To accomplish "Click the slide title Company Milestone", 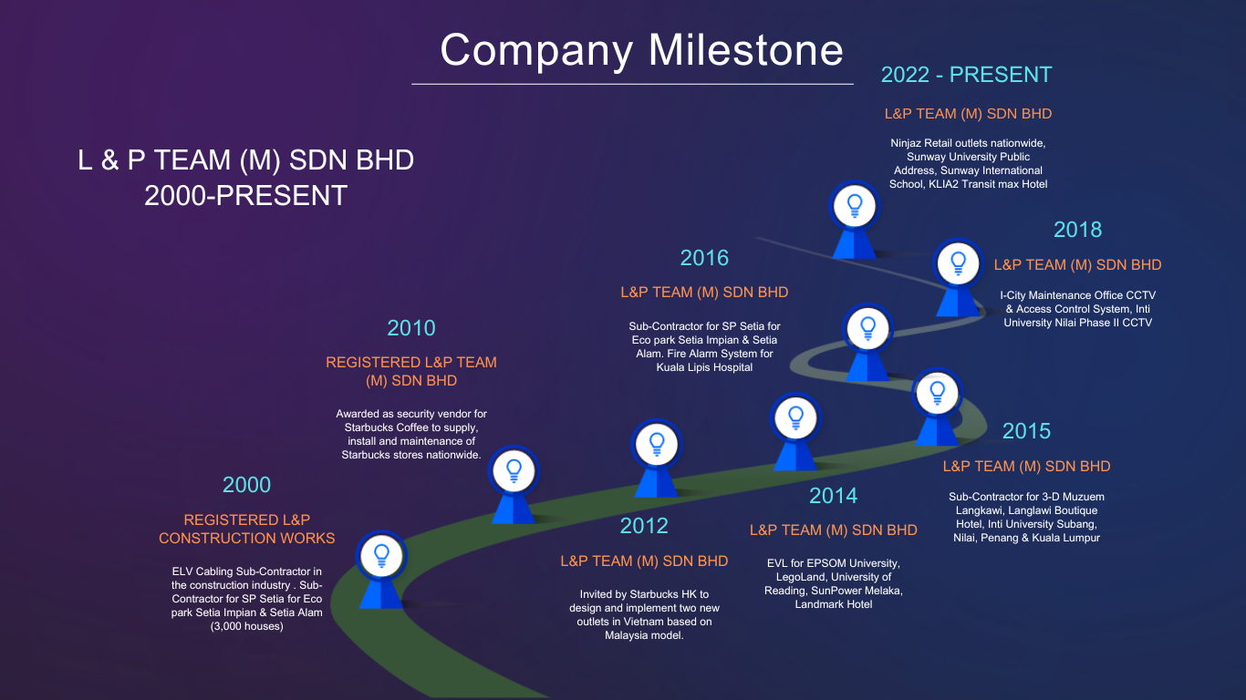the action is point(641,51).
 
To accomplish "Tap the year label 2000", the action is point(246,485).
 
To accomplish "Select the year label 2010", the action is point(411,328).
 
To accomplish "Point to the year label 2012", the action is point(644,526).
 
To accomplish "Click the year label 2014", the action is point(834,496).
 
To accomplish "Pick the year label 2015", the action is point(1026,431).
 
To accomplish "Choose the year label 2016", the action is point(704,258).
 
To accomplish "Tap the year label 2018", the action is point(1077,230).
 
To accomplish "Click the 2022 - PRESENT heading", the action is point(966,75).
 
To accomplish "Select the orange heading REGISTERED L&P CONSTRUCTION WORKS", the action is point(246,529).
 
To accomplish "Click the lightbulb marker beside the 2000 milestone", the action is point(381,569).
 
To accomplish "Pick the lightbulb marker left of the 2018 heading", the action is point(958,277).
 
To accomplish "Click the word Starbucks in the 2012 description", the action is point(655,594).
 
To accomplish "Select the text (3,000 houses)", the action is point(246,626).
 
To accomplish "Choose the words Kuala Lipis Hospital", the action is point(704,367).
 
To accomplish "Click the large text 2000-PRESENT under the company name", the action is point(246,196).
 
